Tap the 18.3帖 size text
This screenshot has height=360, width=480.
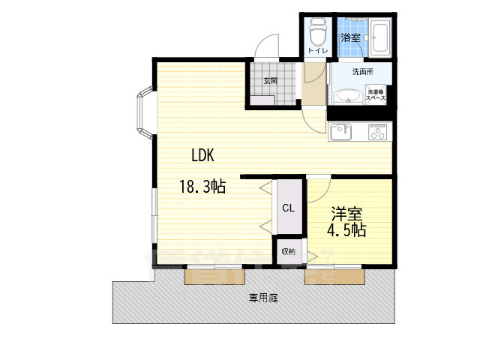click(202, 186)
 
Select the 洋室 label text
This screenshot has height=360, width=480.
click(341, 212)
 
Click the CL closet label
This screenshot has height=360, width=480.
click(287, 208)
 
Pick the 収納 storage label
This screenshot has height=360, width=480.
click(289, 250)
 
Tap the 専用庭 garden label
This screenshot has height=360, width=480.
click(264, 298)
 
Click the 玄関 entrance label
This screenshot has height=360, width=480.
click(270, 80)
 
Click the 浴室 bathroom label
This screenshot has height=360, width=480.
click(349, 37)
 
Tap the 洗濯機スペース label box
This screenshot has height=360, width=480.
click(376, 94)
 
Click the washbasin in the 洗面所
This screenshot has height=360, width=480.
click(347, 97)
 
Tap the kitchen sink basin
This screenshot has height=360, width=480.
click(341, 132)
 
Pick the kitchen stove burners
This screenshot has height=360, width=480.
click(377, 133)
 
